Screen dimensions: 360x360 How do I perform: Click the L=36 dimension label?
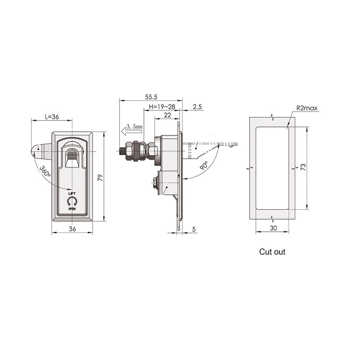click(x=52, y=117)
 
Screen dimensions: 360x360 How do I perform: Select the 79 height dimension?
click(x=100, y=177)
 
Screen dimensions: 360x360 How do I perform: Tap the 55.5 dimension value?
click(x=151, y=97)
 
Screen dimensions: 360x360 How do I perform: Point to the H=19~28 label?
click(x=162, y=107)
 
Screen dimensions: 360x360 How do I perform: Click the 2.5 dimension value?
click(x=197, y=107)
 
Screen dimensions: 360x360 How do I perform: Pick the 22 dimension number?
click(x=167, y=115)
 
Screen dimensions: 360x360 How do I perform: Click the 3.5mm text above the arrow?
click(x=134, y=126)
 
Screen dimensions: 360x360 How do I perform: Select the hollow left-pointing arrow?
click(x=131, y=132)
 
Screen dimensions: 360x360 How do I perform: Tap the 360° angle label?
click(x=45, y=171)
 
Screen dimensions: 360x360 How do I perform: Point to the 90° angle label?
click(x=204, y=166)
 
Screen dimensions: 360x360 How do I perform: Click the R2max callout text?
click(x=307, y=108)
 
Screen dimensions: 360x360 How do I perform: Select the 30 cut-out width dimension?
click(x=273, y=228)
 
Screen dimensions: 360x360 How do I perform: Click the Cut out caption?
click(x=272, y=252)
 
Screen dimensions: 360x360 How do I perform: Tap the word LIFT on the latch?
click(x=72, y=193)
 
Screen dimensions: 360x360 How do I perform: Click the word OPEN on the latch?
click(x=72, y=209)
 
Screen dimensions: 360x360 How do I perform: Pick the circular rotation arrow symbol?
click(x=72, y=201)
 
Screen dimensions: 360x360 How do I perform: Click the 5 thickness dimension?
click(x=194, y=229)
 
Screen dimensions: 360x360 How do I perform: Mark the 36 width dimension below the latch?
click(x=72, y=229)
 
